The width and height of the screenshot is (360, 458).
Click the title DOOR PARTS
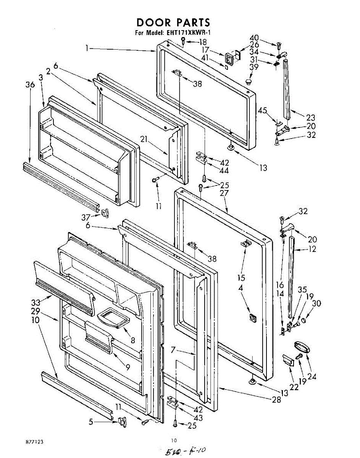[173, 23]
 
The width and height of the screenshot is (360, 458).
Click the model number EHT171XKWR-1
[188, 32]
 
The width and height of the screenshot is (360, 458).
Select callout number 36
[30, 85]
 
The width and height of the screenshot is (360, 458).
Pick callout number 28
[277, 400]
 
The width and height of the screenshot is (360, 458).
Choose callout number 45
[262, 110]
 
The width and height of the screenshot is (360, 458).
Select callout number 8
[132, 340]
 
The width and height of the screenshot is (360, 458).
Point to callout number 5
[90, 422]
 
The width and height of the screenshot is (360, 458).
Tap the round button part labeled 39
[250, 81]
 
